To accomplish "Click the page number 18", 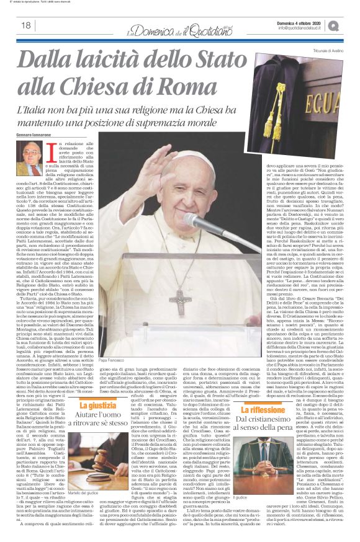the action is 26,25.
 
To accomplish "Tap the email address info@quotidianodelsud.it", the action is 303,27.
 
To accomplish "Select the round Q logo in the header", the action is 350,24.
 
